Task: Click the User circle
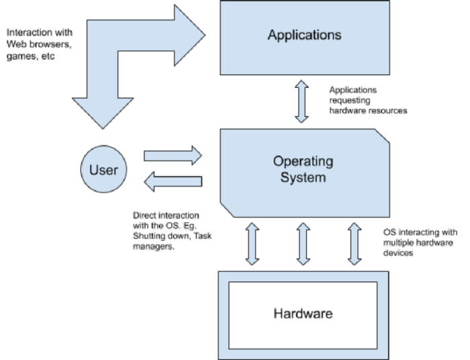103,169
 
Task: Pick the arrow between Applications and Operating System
301,101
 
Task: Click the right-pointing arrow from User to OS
173,156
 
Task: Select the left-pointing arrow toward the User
173,181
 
